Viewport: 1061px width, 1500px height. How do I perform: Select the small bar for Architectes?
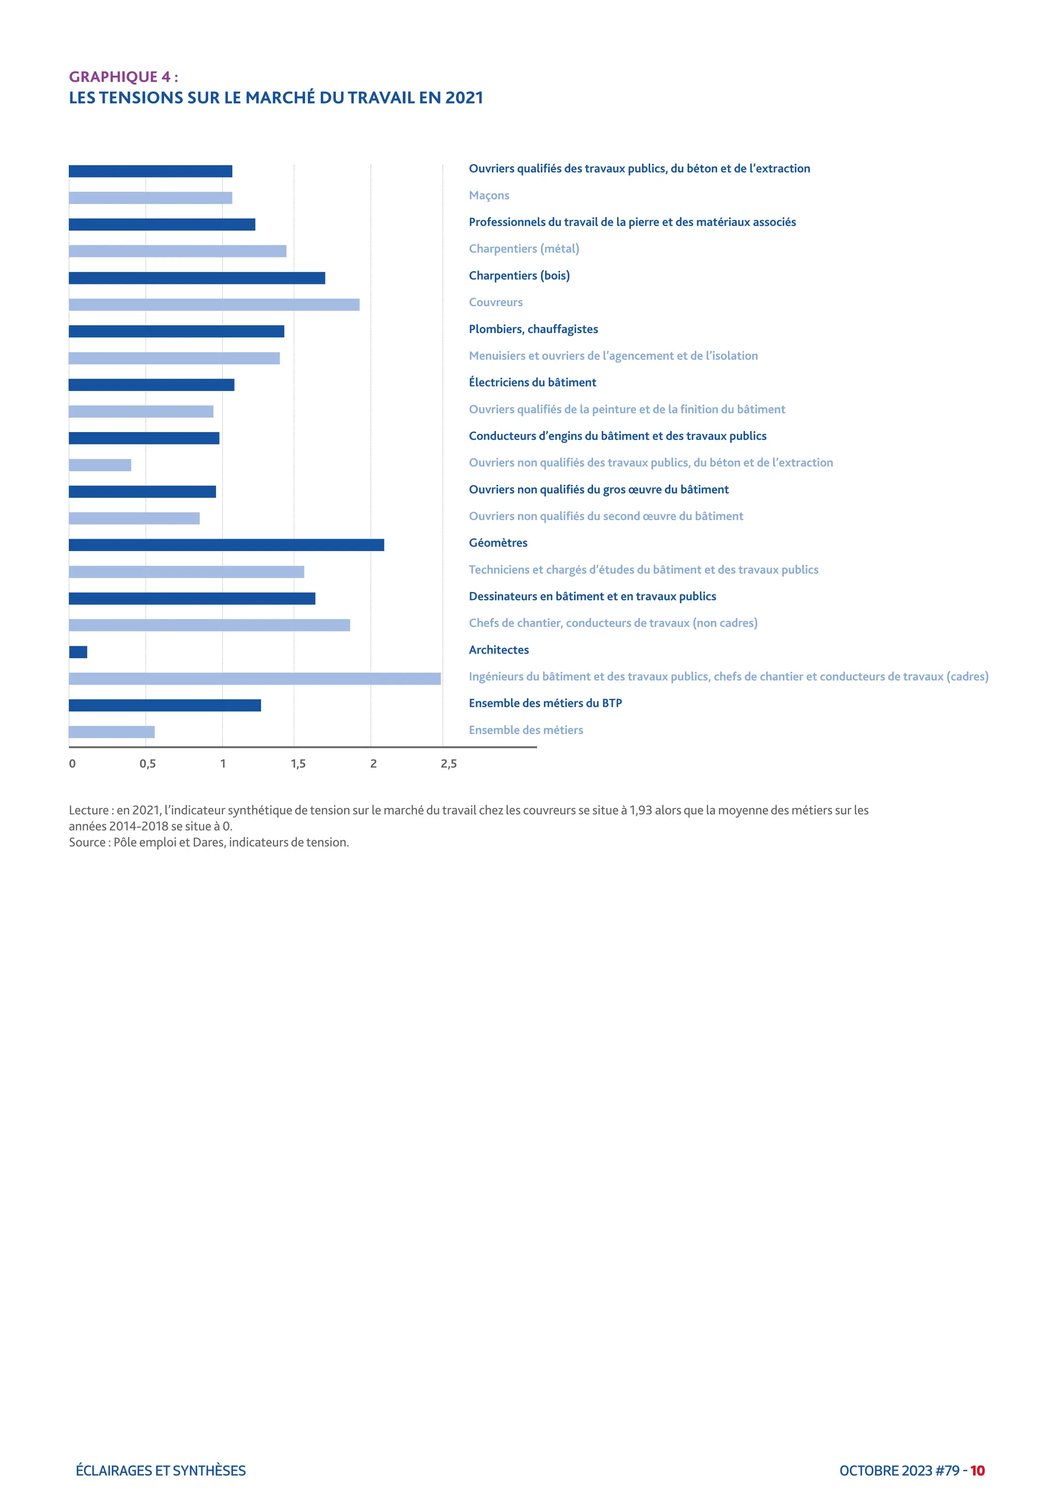tap(78, 652)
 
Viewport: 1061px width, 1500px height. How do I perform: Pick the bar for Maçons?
tap(150, 198)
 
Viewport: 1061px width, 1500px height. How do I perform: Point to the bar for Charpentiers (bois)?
tap(197, 278)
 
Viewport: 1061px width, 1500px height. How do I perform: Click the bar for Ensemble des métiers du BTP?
tap(165, 705)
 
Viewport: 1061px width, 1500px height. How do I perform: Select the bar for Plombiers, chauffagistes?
tap(176, 331)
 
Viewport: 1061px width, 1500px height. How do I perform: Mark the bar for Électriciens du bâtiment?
tap(152, 385)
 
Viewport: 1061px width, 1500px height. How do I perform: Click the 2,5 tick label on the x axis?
tap(449, 763)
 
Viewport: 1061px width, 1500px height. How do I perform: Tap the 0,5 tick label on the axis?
tap(148, 763)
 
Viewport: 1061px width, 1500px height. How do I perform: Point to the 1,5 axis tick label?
tap(298, 763)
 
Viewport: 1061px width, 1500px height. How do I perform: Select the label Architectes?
tap(498, 650)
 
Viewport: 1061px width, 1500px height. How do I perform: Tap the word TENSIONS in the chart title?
tap(140, 98)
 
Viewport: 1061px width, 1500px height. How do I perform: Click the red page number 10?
tap(978, 1470)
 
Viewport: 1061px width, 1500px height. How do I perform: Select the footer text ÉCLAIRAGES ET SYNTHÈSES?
tap(161, 1470)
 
